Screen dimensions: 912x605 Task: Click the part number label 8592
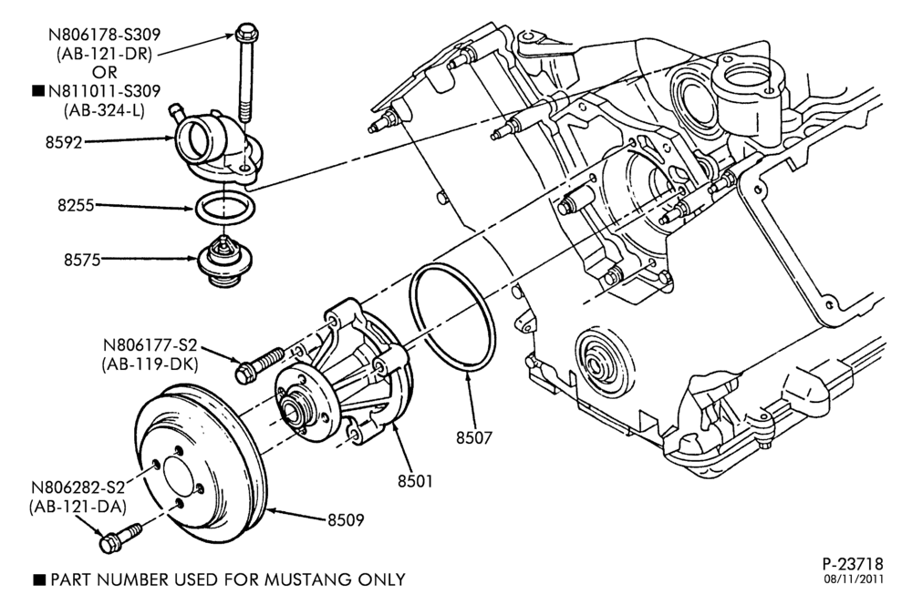pyautogui.click(x=64, y=142)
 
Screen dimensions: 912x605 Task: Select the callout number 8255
pyautogui.click(x=76, y=205)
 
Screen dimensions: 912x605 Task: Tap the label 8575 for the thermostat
pyautogui.click(x=82, y=260)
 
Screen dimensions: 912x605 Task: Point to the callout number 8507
pyautogui.click(x=474, y=437)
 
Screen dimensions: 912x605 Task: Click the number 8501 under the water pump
pyautogui.click(x=415, y=481)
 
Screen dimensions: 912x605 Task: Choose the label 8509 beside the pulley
pyautogui.click(x=346, y=519)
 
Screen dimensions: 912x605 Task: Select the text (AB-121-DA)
pyautogui.click(x=78, y=507)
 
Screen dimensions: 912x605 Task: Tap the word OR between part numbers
pyautogui.click(x=105, y=73)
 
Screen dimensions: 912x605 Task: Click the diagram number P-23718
pyautogui.click(x=853, y=564)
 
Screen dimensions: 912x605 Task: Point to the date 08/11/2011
pyautogui.click(x=854, y=579)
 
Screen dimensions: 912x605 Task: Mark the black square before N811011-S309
pyautogui.click(x=37, y=91)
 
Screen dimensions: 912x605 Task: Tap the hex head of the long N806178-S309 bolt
pyautogui.click(x=246, y=33)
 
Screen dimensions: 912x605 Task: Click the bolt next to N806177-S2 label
pyautogui.click(x=259, y=365)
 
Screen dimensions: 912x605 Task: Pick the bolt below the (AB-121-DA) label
pyautogui.click(x=119, y=538)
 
